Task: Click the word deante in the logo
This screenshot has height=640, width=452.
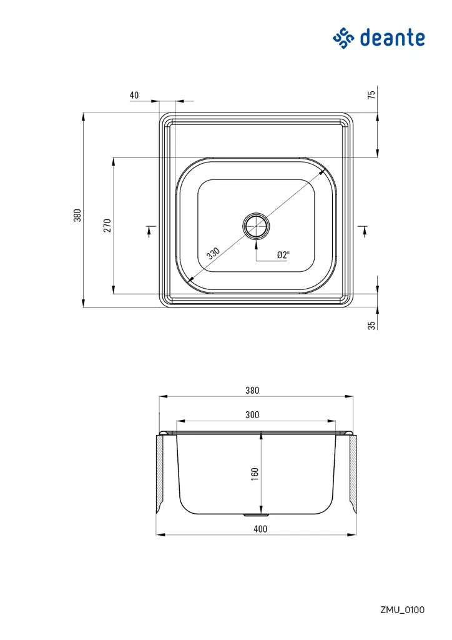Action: point(393,38)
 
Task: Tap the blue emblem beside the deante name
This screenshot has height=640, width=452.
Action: point(343,37)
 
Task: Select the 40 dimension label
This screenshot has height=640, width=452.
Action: point(134,96)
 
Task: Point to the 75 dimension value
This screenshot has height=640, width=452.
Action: point(371,95)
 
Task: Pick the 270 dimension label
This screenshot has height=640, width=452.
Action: point(107,226)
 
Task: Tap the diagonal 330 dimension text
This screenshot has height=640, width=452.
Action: point(213,253)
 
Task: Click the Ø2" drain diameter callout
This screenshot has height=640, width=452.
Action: point(283,255)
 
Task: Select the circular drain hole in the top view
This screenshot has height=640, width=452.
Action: point(256,226)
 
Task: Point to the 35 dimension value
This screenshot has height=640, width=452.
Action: point(371,326)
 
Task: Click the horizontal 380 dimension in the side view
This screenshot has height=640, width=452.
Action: point(252,390)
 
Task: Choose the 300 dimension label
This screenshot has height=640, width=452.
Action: point(252,414)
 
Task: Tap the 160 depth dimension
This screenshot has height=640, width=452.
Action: point(254,474)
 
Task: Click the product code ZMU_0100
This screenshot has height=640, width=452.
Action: point(402,609)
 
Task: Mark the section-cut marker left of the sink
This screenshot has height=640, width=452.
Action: point(149,231)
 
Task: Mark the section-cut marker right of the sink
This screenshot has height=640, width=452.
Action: point(365,231)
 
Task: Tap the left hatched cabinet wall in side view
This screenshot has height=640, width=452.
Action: point(160,475)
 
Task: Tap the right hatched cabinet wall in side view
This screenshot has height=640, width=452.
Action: point(353,475)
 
